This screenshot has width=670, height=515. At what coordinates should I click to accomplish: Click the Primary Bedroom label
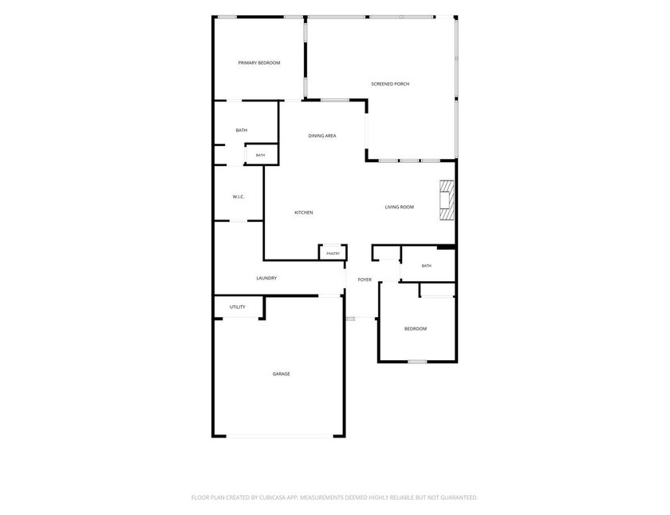pos(259,63)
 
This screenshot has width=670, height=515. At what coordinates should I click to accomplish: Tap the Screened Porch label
pos(390,84)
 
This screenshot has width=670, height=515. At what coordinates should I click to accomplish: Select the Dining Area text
pos(322,136)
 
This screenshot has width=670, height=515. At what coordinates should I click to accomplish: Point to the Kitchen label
pos(304,212)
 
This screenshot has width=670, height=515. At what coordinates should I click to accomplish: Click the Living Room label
pos(399,207)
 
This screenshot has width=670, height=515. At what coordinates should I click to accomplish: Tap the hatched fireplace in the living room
pos(447,200)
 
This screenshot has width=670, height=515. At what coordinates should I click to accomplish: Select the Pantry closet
pos(333,252)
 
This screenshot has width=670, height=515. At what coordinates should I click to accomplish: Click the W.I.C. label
pos(238,196)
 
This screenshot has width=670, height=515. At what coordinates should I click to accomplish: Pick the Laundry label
pos(266,278)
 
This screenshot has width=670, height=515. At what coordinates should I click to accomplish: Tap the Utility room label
pos(238,307)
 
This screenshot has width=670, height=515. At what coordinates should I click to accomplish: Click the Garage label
pos(281,374)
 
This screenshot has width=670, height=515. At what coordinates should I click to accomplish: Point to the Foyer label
pos(365,279)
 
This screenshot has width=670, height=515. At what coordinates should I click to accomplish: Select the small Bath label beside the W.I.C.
pos(260,155)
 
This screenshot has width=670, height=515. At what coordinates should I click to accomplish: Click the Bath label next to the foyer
pos(427,266)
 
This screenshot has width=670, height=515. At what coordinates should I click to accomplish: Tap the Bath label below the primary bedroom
pos(242,130)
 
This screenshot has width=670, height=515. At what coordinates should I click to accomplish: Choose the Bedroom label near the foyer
pos(416,328)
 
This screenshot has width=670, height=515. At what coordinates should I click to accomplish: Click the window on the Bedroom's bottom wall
pos(417,362)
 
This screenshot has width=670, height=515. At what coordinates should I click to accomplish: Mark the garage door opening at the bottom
pos(279,436)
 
